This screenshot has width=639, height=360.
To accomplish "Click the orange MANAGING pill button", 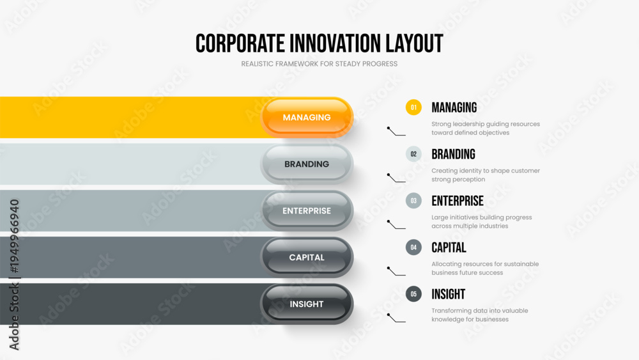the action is point(307,118).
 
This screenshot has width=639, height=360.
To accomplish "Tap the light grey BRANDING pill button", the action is point(307,164).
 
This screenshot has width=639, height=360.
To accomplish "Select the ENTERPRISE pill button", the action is point(307,211).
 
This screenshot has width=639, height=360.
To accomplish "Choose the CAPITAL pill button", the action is point(307,257).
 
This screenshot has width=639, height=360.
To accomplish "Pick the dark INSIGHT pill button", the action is point(307,304).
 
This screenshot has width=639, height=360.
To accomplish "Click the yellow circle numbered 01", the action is point(413,107).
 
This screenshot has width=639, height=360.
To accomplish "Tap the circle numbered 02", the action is point(413,154).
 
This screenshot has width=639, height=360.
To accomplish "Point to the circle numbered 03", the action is point(413,201).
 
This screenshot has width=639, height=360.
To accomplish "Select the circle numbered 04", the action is point(413,247).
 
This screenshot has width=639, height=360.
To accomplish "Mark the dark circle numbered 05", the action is point(413,294).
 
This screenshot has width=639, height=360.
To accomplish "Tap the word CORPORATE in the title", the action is point(240,43).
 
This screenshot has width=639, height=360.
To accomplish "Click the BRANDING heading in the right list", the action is point(453,154).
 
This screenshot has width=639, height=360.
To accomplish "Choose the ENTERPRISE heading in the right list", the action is point(458,201).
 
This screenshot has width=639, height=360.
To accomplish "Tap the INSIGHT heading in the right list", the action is point(449,294).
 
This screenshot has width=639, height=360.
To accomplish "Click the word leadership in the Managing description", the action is point(468,124).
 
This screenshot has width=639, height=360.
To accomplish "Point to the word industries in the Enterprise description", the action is point(495,226).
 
